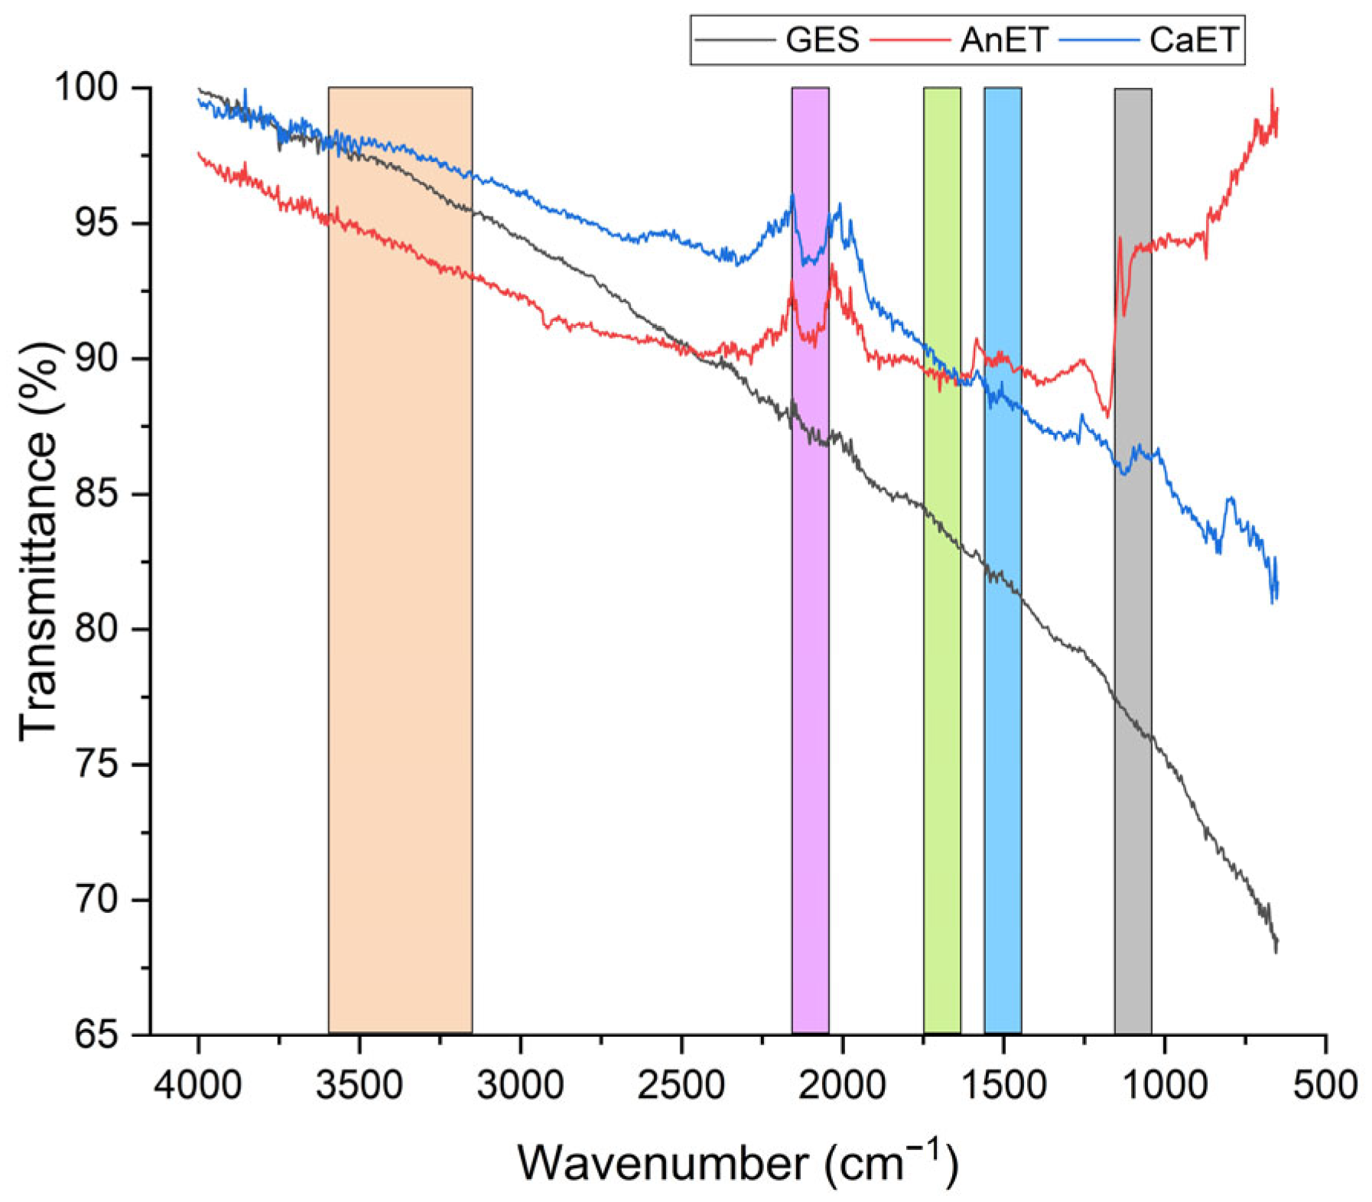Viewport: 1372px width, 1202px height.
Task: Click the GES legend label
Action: [821, 40]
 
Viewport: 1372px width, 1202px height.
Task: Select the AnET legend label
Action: [1003, 40]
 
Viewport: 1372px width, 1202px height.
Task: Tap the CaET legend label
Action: [1192, 40]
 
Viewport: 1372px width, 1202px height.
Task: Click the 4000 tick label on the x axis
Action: [198, 1084]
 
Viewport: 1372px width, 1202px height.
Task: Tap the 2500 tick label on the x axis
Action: [681, 1084]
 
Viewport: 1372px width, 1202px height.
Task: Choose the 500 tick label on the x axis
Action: [1325, 1084]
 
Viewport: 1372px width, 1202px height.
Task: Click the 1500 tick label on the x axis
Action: [1003, 1084]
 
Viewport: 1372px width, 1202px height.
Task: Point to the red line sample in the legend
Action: [910, 40]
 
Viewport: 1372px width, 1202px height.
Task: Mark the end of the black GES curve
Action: [1276, 944]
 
